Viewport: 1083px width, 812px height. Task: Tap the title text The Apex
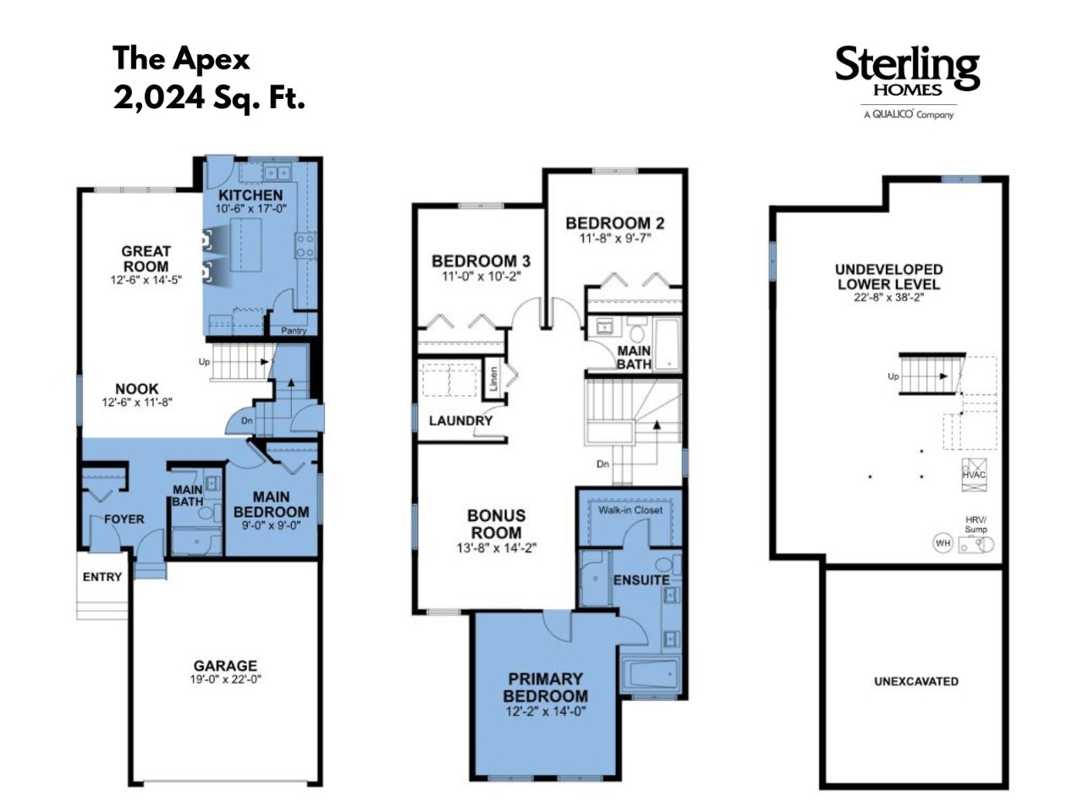[x=181, y=59]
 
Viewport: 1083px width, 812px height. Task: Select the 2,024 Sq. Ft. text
[x=209, y=97]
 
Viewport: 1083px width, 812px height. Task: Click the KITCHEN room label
[x=250, y=195]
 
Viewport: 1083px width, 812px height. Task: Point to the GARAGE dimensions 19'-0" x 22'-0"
[x=225, y=679]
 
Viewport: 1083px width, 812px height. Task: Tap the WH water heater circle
[x=943, y=543]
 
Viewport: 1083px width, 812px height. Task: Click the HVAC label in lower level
[x=974, y=475]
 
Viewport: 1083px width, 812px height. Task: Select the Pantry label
[x=294, y=331]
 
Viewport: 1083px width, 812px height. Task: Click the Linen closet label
[x=494, y=379]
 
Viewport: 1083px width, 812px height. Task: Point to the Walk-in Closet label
[x=630, y=510]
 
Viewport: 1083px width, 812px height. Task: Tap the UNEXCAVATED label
[x=915, y=682]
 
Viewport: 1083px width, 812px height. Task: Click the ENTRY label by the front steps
[x=102, y=577]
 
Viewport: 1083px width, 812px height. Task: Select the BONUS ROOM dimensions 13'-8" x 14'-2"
[x=497, y=548]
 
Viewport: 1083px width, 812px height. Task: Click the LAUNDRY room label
[x=460, y=420]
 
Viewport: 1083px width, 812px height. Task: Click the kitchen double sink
[x=277, y=173]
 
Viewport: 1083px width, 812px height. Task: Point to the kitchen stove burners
[x=305, y=245]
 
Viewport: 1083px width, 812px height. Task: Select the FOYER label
[x=124, y=519]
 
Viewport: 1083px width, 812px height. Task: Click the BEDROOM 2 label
[x=615, y=223]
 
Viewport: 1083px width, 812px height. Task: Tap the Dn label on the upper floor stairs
[x=602, y=464]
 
